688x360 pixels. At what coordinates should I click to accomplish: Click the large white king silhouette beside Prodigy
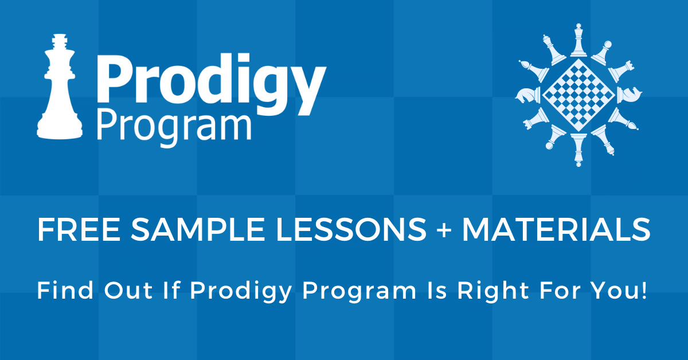pyautogui.click(x=60, y=89)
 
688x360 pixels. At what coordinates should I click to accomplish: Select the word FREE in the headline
pyautogui.click(x=79, y=229)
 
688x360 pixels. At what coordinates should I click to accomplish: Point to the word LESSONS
pyautogui.click(x=351, y=229)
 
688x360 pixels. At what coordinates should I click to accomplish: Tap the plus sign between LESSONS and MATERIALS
pyautogui.click(x=444, y=230)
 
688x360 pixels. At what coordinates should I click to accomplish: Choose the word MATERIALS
pyautogui.click(x=556, y=229)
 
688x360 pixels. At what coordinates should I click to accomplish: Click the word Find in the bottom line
pyautogui.click(x=65, y=290)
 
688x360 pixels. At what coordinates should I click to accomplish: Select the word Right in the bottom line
pyautogui.click(x=493, y=291)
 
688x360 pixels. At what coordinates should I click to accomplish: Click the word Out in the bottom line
pyautogui.click(x=128, y=290)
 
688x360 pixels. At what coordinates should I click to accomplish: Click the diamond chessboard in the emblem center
pyautogui.click(x=578, y=95)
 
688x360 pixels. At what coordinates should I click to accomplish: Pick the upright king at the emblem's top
pyautogui.click(x=578, y=40)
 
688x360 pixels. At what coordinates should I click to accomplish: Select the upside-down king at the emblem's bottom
pyautogui.click(x=578, y=150)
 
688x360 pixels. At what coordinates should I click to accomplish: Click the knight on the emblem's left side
pyautogui.click(x=527, y=95)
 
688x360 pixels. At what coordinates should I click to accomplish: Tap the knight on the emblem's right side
pyautogui.click(x=630, y=95)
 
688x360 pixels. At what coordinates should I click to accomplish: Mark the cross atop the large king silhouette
pyautogui.click(x=60, y=41)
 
